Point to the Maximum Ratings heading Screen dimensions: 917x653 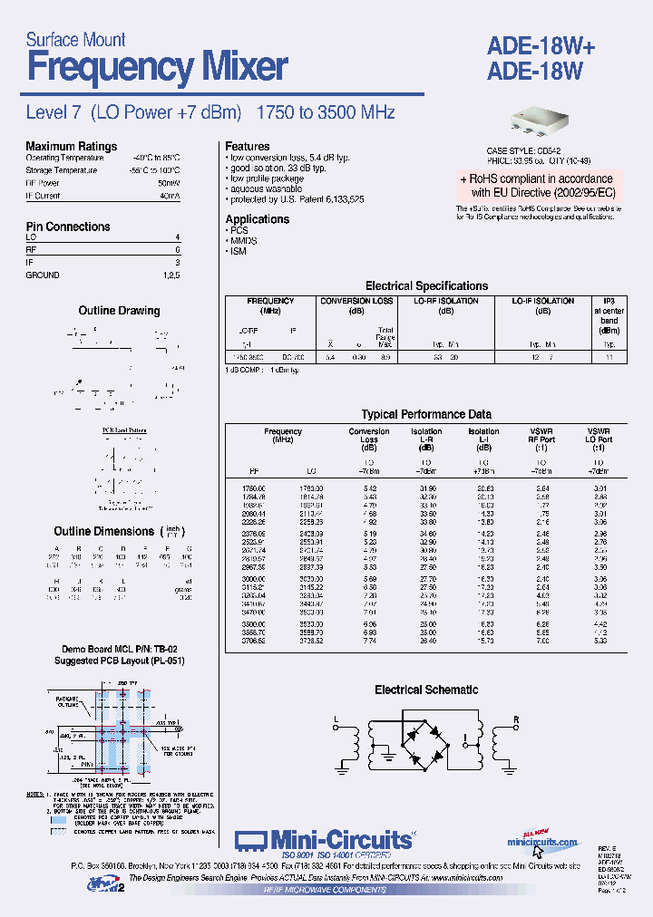click(71, 146)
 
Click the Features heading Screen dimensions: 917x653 click(248, 146)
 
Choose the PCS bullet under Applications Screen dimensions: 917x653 click(239, 231)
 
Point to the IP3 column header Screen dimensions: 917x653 click(609, 300)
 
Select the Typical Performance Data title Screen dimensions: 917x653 click(426, 414)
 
